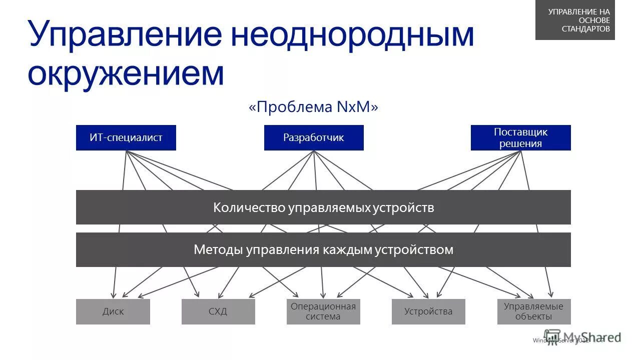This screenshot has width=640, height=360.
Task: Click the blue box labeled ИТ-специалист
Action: tap(126, 137)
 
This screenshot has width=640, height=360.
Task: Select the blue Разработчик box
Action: tap(314, 137)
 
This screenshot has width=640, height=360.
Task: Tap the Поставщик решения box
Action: tap(520, 137)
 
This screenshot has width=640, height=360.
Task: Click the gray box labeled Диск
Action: tap(113, 311)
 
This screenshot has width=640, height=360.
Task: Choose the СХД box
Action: tap(218, 311)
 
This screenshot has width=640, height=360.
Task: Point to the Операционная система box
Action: tap(323, 311)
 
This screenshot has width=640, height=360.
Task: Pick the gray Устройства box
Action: tap(428, 311)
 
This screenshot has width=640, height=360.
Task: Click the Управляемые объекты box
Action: tap(533, 311)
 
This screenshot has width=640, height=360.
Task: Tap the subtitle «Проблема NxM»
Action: tap(313, 107)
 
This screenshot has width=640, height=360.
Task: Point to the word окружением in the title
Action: tap(126, 73)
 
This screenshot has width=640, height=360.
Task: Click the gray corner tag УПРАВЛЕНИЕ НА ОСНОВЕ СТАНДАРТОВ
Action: tap(575, 20)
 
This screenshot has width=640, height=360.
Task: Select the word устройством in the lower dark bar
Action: tap(421, 249)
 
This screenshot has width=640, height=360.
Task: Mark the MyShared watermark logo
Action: tap(582, 337)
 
